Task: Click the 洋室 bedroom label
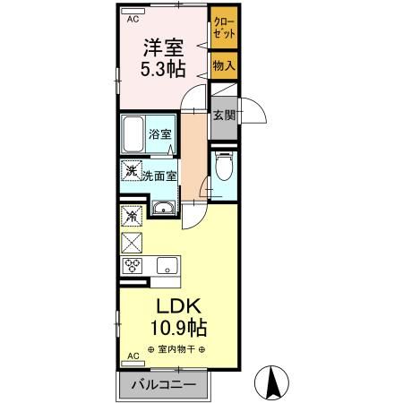coord(163,47)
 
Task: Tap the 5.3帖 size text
coord(163,69)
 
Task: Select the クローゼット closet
coord(224,28)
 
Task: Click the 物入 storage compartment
coord(224,65)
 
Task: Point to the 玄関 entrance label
coord(224,115)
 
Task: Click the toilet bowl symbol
coord(224,166)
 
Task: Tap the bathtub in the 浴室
coord(133,134)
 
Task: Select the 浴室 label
coord(159,134)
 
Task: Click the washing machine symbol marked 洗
coord(132,170)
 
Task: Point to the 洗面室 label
coord(159,176)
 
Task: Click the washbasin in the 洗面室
coord(164,208)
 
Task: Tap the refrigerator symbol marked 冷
coord(132,216)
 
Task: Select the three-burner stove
coord(132,265)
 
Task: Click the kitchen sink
coord(167,265)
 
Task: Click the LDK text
coord(178,306)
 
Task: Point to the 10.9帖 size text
coord(179,328)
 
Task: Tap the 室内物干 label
coord(176,349)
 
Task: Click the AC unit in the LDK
coord(133,364)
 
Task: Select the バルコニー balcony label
coord(164,385)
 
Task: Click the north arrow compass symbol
coord(271,382)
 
